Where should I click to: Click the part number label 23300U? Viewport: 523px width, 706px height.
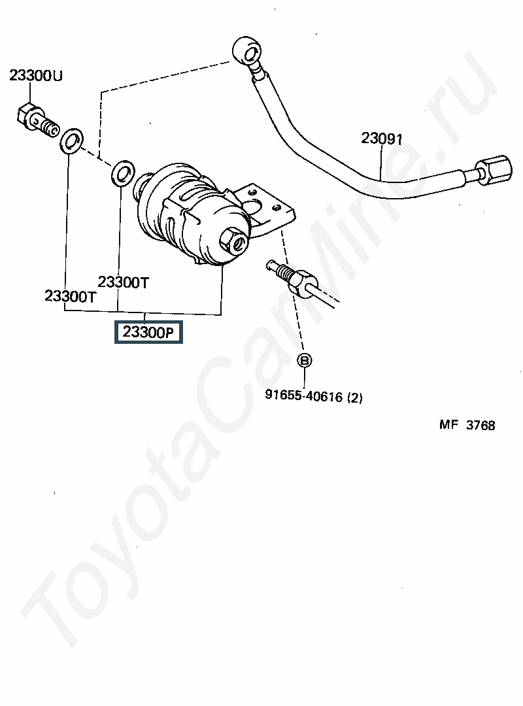pyautogui.click(x=36, y=75)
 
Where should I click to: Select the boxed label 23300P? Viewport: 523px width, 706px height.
pyautogui.click(x=148, y=332)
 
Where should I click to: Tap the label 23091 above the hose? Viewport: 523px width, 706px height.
pyautogui.click(x=382, y=138)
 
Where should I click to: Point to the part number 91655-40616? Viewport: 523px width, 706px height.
pyautogui.click(x=303, y=395)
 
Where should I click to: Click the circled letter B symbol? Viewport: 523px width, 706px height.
pyautogui.click(x=305, y=360)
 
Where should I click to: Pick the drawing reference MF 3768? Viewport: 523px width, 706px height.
pyautogui.click(x=467, y=425)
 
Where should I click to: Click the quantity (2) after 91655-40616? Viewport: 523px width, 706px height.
pyautogui.click(x=354, y=397)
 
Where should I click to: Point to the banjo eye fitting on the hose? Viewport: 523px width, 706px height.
pyautogui.click(x=247, y=50)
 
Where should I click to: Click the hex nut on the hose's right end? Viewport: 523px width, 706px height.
pyautogui.click(x=496, y=170)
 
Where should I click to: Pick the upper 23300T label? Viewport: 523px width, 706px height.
pyautogui.click(x=123, y=282)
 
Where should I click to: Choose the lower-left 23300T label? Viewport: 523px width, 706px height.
pyautogui.click(x=70, y=296)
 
